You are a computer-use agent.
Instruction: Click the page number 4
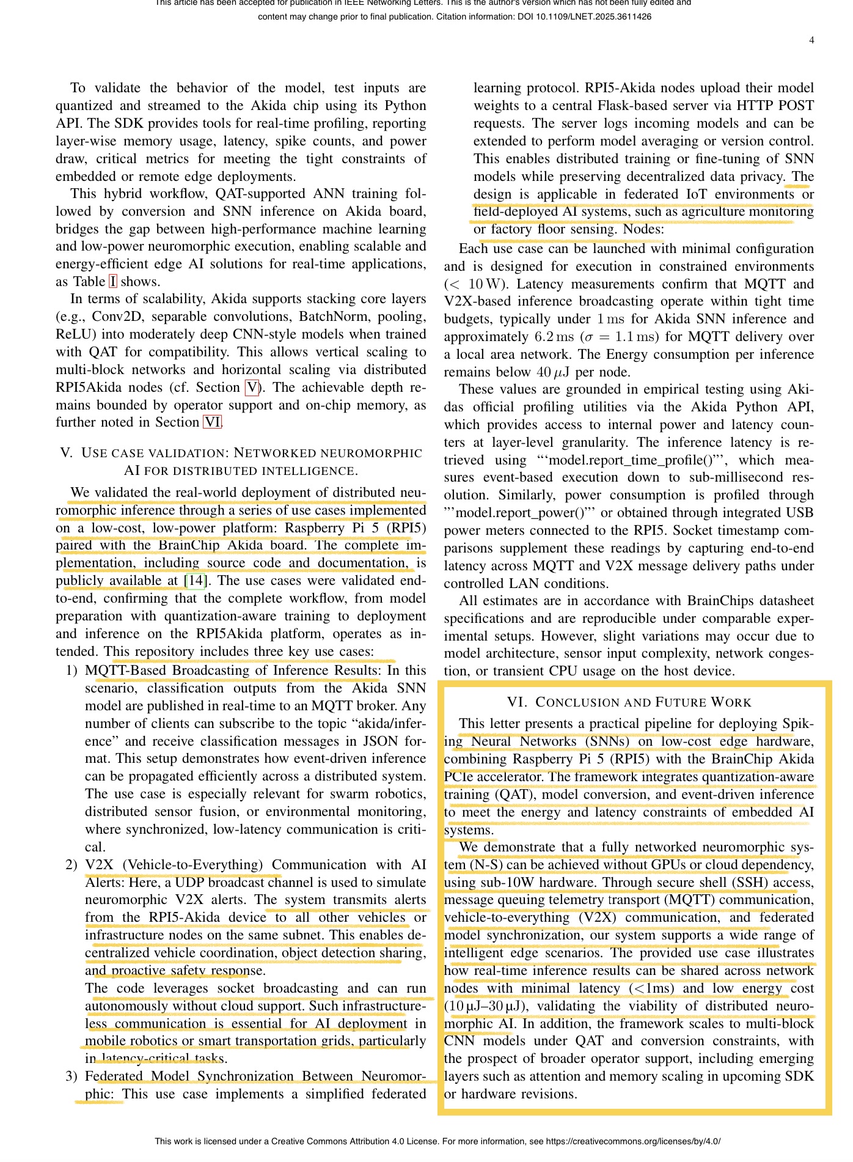pyautogui.click(x=811, y=40)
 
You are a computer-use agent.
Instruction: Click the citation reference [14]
pyautogui.click(x=196, y=581)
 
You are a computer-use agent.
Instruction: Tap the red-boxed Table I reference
pyautogui.click(x=112, y=282)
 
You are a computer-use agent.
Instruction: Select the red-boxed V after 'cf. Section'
pyautogui.click(x=252, y=388)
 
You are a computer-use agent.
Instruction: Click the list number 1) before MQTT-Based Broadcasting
pyautogui.click(x=71, y=671)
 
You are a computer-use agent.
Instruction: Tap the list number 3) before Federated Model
pyautogui.click(x=71, y=1076)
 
